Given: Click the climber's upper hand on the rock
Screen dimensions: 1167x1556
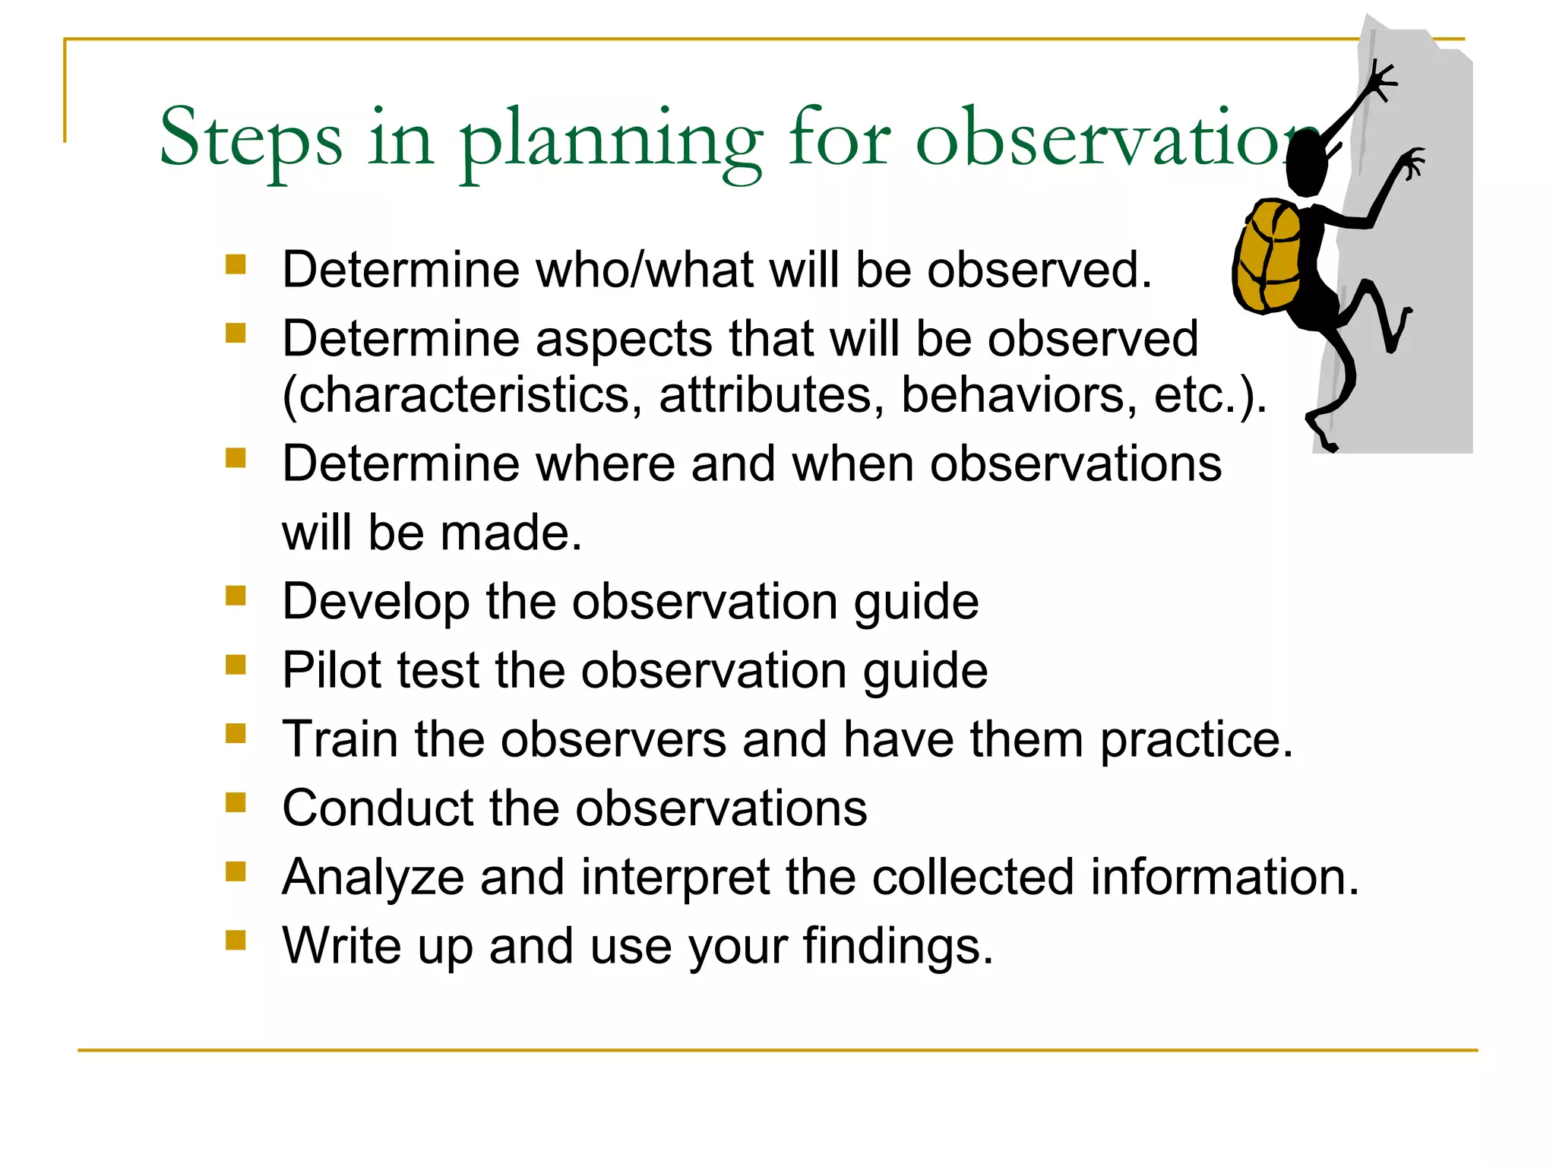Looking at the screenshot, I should [x=1380, y=81].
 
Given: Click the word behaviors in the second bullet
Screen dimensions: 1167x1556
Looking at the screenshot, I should [x=1019, y=395].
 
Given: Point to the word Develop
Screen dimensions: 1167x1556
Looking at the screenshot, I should [x=375, y=602].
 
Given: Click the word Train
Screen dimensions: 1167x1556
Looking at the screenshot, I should [x=340, y=739].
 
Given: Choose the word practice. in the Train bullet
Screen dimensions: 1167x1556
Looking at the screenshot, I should [x=1197, y=741].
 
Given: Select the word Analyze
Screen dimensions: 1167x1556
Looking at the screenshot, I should [x=372, y=878].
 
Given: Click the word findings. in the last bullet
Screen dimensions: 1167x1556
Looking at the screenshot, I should [x=898, y=947].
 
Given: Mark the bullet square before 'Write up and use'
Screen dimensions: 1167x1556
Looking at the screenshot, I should [x=236, y=941].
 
